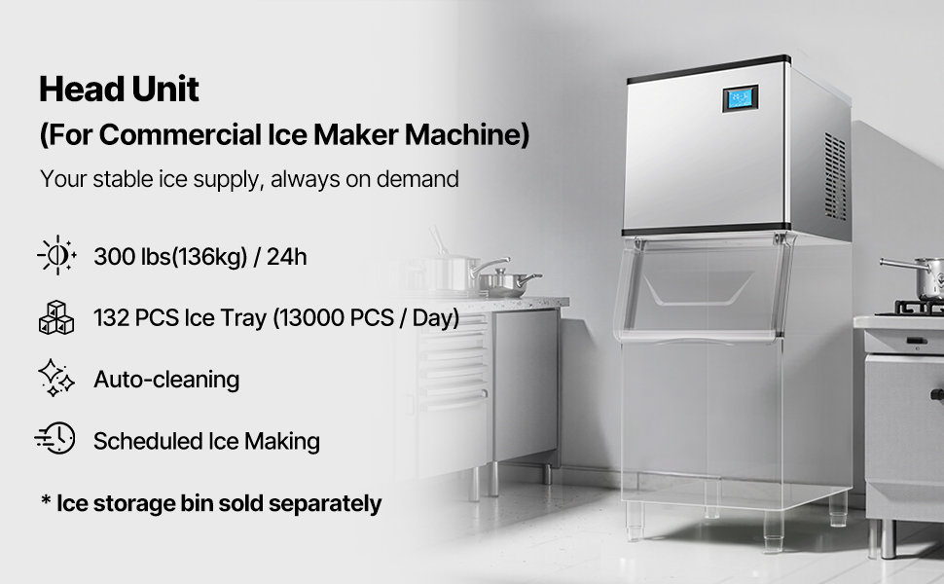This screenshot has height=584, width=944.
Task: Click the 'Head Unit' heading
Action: pyautogui.click(x=119, y=90)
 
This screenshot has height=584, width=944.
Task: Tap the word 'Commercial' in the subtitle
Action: pyautogui.click(x=180, y=134)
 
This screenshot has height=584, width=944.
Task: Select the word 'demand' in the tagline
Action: pyautogui.click(x=418, y=179)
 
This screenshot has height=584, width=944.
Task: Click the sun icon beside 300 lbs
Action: pyautogui.click(x=56, y=255)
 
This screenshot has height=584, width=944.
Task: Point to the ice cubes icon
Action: pyautogui.click(x=56, y=317)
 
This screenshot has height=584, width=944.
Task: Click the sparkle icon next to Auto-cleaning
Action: pyautogui.click(x=56, y=378)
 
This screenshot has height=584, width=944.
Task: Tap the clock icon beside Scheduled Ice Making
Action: pyautogui.click(x=54, y=438)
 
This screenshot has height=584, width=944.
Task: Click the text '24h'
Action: pyautogui.click(x=286, y=257)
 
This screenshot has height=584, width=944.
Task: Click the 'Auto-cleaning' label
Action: pyautogui.click(x=166, y=380)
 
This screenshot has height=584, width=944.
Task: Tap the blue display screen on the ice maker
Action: pyautogui.click(x=740, y=98)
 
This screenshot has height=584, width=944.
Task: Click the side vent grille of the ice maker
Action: pyautogui.click(x=835, y=176)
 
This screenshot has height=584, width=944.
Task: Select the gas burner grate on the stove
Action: pyautogui.click(x=910, y=309)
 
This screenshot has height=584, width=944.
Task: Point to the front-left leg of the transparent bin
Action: pyautogui.click(x=635, y=522)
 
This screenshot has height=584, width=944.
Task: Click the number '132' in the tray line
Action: pyautogui.click(x=111, y=318)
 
